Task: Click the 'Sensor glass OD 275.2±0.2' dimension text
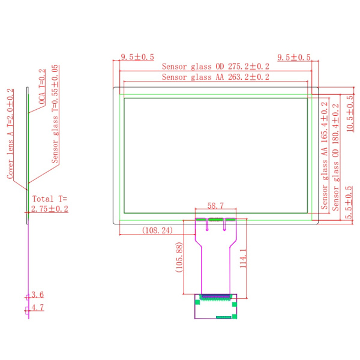(x=216, y=67)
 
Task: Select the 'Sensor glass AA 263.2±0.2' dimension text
(x=216, y=77)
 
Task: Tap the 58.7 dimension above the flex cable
(x=216, y=206)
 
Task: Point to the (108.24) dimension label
(x=157, y=230)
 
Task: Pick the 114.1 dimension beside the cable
(x=243, y=259)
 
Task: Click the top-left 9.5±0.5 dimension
(x=137, y=57)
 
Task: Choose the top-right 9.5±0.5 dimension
(x=294, y=57)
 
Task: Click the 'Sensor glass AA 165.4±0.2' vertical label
(x=325, y=154)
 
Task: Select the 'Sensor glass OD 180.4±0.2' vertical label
(x=335, y=155)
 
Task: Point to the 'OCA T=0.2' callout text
(x=42, y=87)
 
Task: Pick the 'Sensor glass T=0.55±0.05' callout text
(x=55, y=114)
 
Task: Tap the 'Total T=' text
(x=50, y=199)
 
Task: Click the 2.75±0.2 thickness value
(x=50, y=209)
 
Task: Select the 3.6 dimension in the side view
(x=37, y=295)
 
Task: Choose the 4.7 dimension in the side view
(x=37, y=308)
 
